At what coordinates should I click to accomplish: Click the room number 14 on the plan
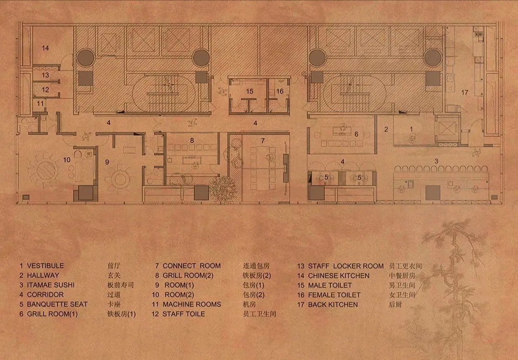[x=45, y=48]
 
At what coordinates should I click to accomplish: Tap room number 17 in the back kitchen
[x=465, y=93]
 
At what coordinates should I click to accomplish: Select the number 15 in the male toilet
[x=249, y=91]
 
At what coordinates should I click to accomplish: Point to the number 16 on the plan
[x=280, y=91]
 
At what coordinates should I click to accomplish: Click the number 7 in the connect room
[x=263, y=141]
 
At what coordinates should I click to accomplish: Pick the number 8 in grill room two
[x=192, y=140]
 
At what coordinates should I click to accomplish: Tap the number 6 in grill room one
[x=356, y=134]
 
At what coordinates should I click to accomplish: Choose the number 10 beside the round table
[x=67, y=160]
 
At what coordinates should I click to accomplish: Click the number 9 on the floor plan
[x=107, y=162]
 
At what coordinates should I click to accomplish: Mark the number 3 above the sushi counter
[x=436, y=161]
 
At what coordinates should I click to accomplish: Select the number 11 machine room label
[x=40, y=104]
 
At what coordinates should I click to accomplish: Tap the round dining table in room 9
[x=120, y=179]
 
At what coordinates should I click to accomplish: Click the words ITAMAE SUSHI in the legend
[x=50, y=285]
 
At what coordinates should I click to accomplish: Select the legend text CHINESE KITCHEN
[x=339, y=276]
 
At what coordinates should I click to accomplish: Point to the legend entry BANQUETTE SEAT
[x=57, y=304]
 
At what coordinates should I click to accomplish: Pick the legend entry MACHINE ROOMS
[x=192, y=304]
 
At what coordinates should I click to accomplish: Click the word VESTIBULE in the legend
[x=45, y=266]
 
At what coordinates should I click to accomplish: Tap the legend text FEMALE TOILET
[x=334, y=295]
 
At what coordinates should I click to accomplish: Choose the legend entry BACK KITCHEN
[x=333, y=304]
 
